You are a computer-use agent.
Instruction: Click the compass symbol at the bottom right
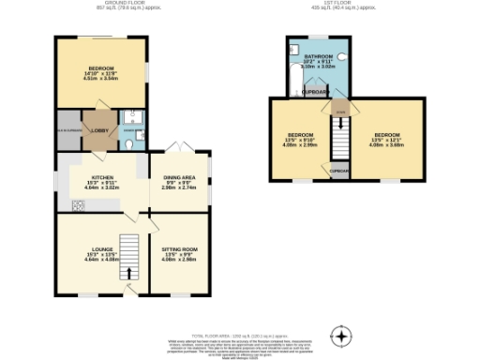click(x=343, y=335)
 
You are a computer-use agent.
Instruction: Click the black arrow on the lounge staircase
click(x=129, y=273)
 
